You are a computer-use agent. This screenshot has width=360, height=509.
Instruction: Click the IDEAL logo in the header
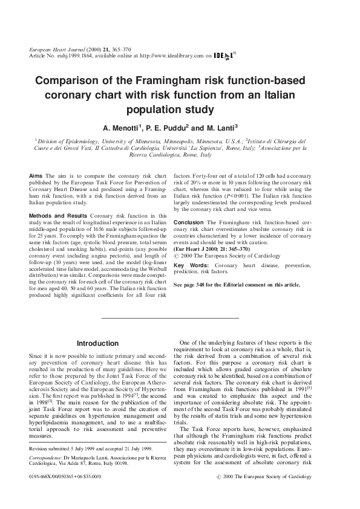point(224,56)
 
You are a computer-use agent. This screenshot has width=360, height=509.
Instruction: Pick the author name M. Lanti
point(221,128)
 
